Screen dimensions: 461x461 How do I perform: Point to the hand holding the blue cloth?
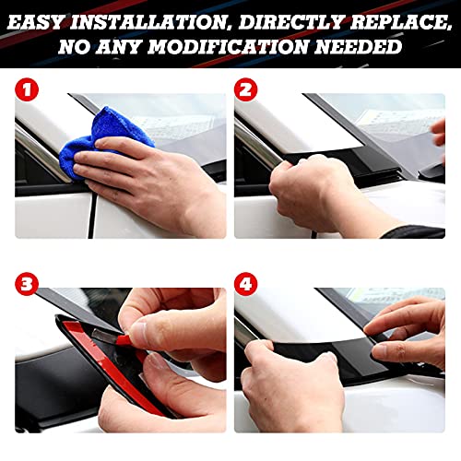pos(138,180)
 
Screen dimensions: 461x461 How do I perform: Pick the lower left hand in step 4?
pos(295,387)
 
